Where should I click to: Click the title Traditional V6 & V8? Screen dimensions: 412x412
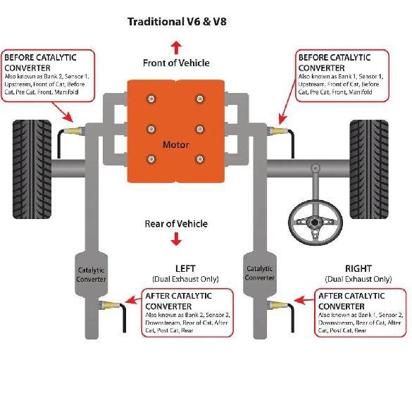pyautogui.click(x=177, y=22)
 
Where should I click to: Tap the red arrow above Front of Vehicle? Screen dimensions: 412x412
pyautogui.click(x=176, y=48)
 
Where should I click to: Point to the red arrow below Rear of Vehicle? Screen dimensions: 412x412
pyautogui.click(x=176, y=239)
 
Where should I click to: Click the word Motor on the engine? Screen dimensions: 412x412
pyautogui.click(x=176, y=144)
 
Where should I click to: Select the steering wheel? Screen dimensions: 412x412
pyautogui.click(x=316, y=222)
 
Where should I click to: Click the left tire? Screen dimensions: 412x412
pyautogui.click(x=32, y=169)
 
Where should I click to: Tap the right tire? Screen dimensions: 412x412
pyautogui.click(x=369, y=169)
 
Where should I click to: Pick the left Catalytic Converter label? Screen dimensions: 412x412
pyautogui.click(x=91, y=275)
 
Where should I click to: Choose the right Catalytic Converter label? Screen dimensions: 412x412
pyautogui.click(x=259, y=273)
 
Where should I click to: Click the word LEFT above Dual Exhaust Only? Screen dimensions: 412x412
pyautogui.click(x=185, y=268)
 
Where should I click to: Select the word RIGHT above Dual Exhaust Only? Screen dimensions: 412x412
pyautogui.click(x=358, y=268)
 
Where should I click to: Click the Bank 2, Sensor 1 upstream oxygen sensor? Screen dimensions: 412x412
pyautogui.click(x=75, y=130)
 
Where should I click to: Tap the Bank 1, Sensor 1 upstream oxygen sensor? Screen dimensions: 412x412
pyautogui.click(x=277, y=130)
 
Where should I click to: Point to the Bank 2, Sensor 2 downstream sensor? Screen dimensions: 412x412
pyautogui.click(x=109, y=305)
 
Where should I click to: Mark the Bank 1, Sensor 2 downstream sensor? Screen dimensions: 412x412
pyautogui.click(x=277, y=305)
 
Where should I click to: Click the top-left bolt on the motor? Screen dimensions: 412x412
pyautogui.click(x=151, y=99)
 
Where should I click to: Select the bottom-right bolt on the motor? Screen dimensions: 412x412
pyautogui.click(x=200, y=159)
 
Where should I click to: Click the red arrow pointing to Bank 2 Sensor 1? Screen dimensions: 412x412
pyautogui.click(x=63, y=112)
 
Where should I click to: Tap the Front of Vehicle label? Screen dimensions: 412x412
pyautogui.click(x=176, y=63)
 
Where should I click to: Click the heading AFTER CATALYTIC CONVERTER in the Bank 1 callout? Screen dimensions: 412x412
pyautogui.click(x=351, y=301)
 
